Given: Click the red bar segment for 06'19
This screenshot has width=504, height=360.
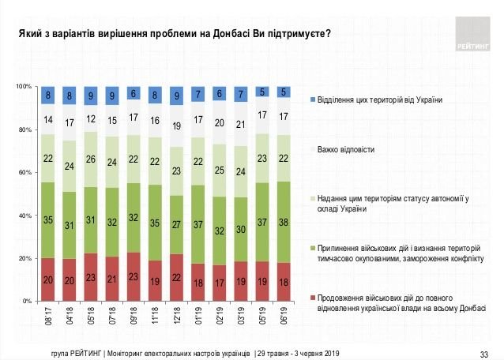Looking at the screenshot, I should (284, 282).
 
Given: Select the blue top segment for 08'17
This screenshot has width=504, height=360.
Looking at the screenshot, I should (48, 96).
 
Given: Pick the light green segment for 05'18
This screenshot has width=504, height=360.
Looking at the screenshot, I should (91, 159).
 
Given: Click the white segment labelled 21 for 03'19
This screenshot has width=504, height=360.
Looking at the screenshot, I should (240, 124).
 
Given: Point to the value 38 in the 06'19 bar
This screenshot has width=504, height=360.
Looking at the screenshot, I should (284, 223).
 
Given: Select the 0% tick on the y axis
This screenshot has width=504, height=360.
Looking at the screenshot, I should (25, 302).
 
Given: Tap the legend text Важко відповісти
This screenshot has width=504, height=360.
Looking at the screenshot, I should (345, 148).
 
